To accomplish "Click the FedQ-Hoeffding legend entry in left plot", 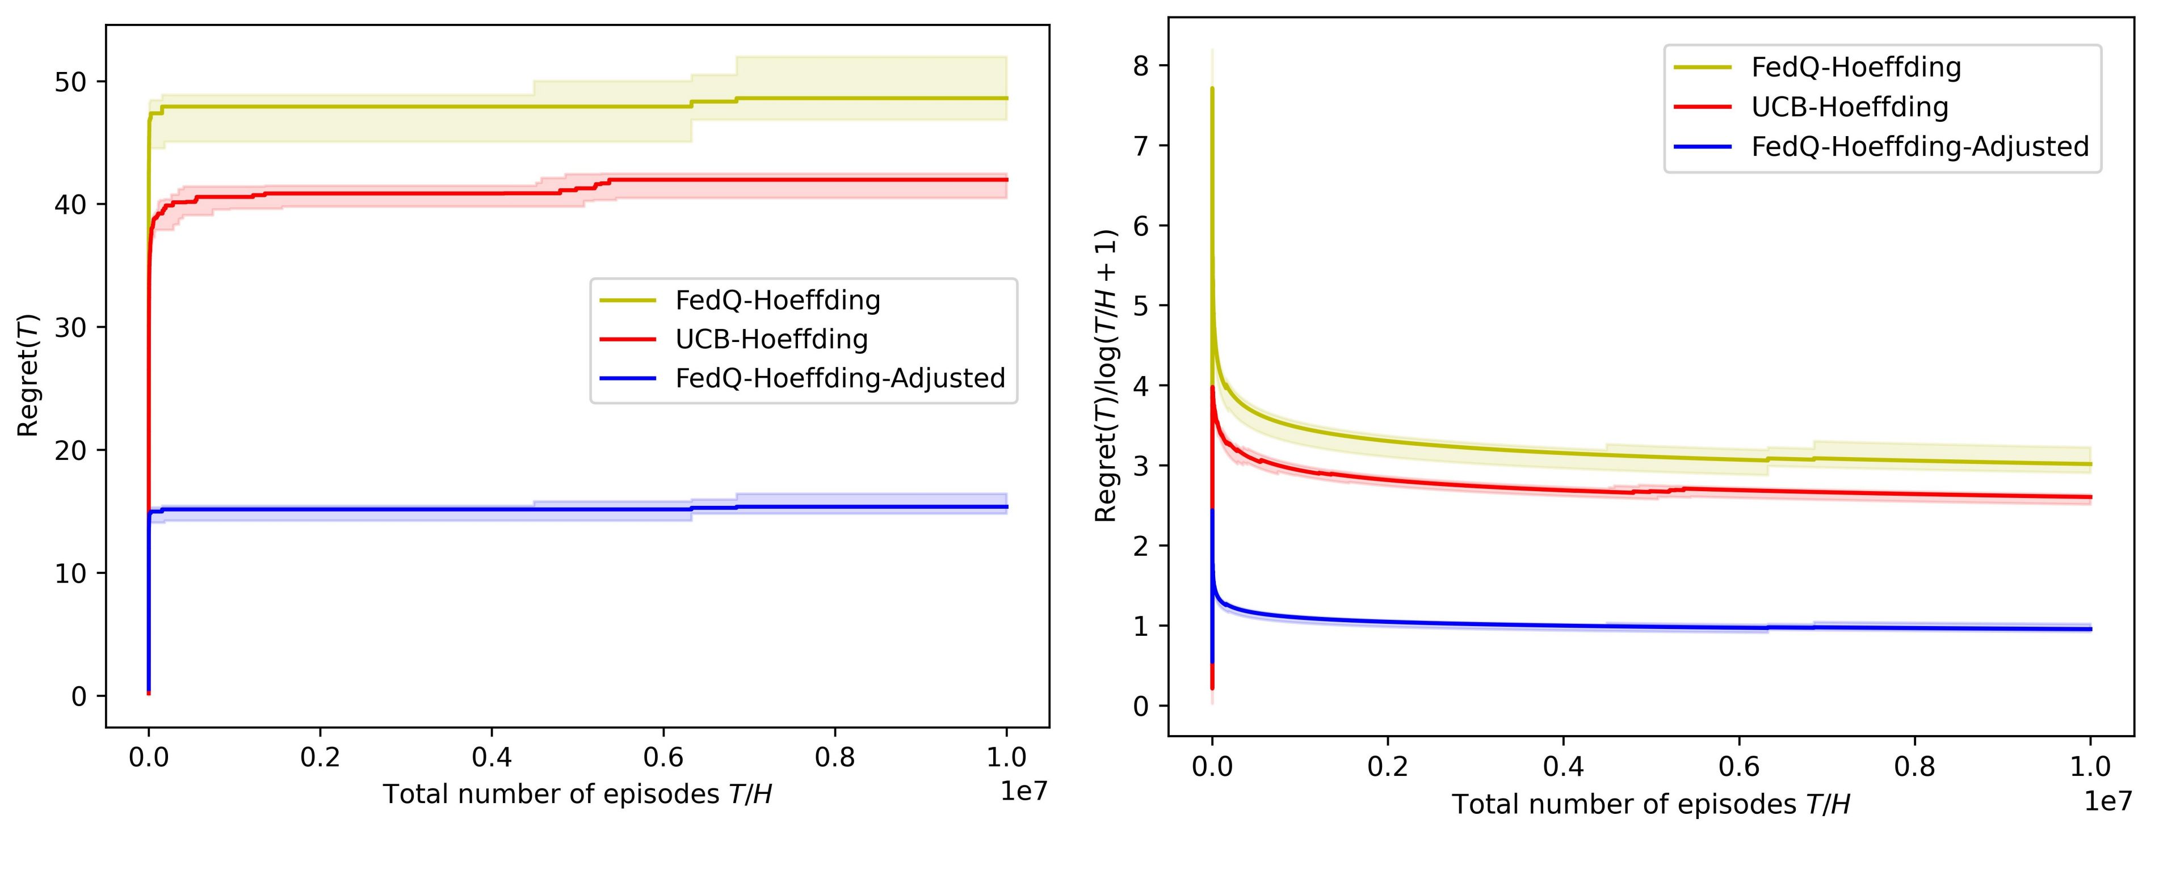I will pyautogui.click(x=778, y=300).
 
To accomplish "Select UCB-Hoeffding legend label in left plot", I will pyautogui.click(x=771, y=339).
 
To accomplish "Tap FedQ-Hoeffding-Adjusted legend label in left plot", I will pyautogui.click(x=840, y=379).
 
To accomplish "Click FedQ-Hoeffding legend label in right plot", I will pyautogui.click(x=1855, y=67).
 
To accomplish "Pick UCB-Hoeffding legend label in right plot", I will pyautogui.click(x=1849, y=107).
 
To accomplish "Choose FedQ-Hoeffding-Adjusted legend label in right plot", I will pyautogui.click(x=1919, y=146).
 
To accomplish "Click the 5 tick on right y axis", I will pyautogui.click(x=1141, y=306).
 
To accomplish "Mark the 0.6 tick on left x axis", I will pyautogui.click(x=663, y=757).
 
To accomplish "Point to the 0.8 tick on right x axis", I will pyautogui.click(x=1914, y=766).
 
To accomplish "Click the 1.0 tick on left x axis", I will pyautogui.click(x=1006, y=757).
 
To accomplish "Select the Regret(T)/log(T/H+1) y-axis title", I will pyautogui.click(x=1106, y=375).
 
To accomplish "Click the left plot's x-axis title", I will pyautogui.click(x=577, y=794).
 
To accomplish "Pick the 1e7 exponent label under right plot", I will pyautogui.click(x=2107, y=801).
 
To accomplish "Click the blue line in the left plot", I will pyautogui.click(x=503, y=509).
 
